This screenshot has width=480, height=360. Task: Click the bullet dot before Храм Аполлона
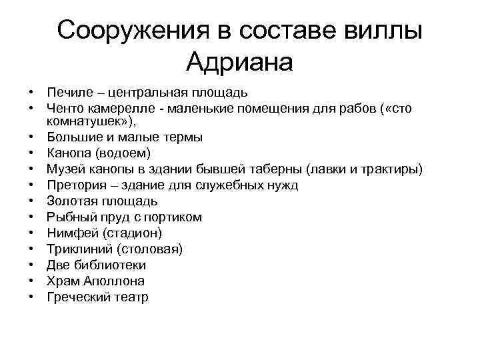31,281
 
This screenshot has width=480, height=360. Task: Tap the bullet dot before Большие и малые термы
31,137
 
